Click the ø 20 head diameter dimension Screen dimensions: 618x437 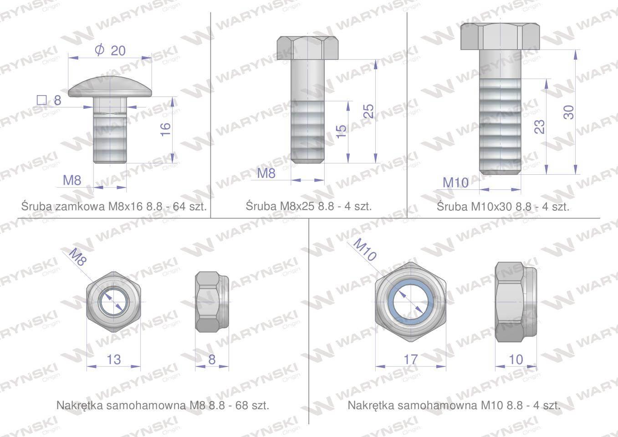[x=110, y=51]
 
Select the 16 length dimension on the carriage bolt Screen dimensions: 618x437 [x=165, y=129]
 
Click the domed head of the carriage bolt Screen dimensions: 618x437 [x=110, y=86]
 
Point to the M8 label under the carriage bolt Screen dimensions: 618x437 [x=72, y=180]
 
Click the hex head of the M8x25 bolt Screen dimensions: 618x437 [x=307, y=48]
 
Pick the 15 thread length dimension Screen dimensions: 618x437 [x=342, y=131]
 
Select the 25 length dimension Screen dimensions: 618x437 [x=369, y=111]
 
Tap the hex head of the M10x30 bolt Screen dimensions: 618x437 [x=500, y=36]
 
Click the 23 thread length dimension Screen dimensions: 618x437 [x=539, y=127]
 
